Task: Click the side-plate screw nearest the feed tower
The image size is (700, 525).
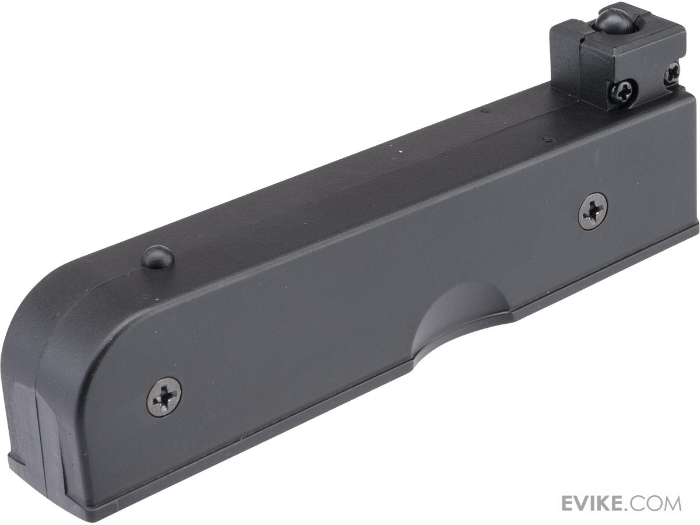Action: point(593,211)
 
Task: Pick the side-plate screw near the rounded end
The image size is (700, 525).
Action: point(164,397)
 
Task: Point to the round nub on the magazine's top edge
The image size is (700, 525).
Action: point(158,257)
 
